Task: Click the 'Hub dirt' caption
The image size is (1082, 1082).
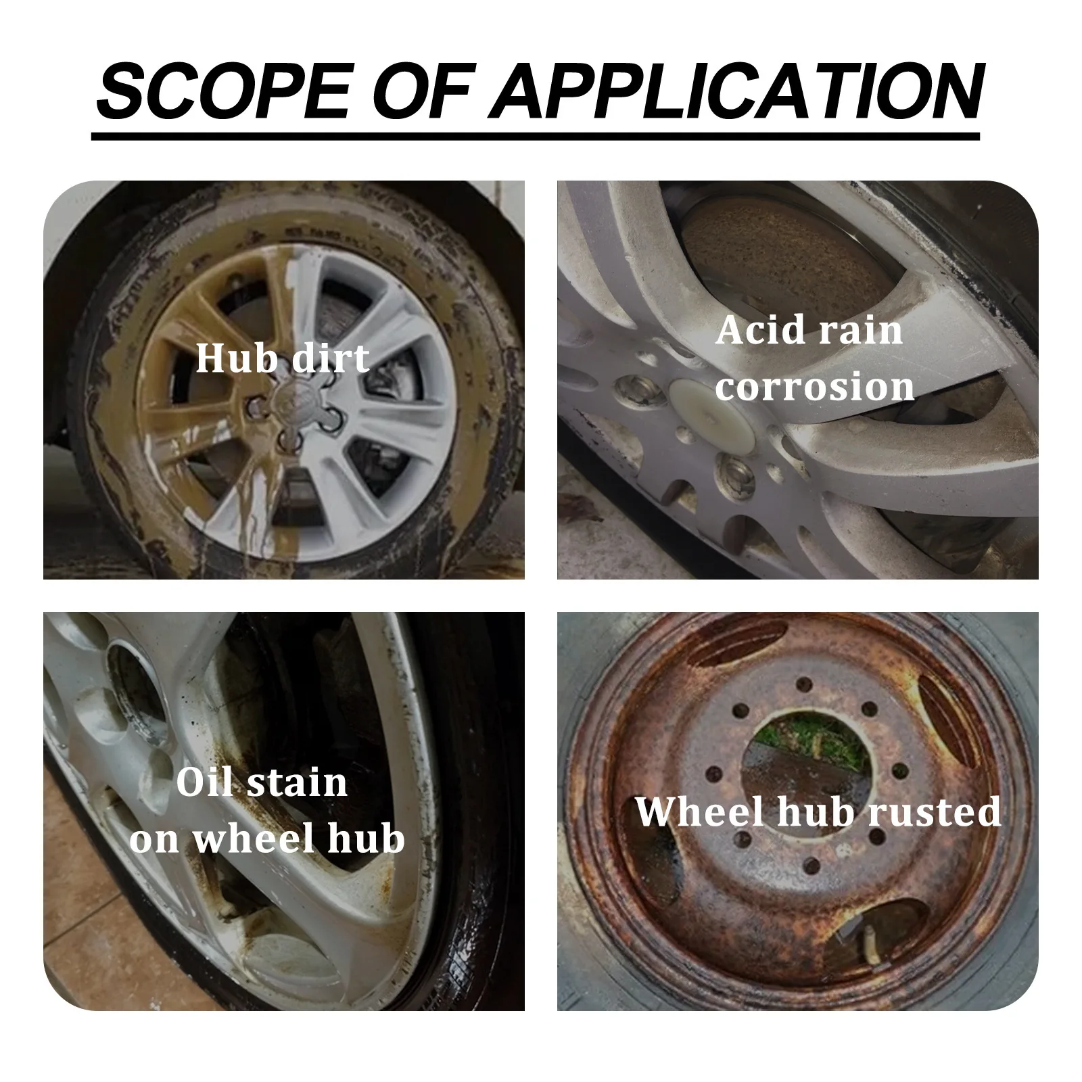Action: tap(283, 358)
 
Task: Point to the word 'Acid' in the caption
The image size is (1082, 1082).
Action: tap(758, 331)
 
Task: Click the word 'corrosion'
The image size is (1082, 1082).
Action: tap(815, 387)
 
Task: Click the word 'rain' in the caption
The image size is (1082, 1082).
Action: tap(869, 331)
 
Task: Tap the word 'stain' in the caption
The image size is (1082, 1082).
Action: tap(298, 782)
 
